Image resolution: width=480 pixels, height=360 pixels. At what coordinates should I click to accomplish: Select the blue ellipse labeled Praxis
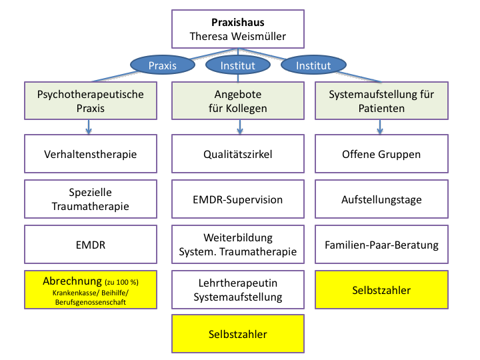point(162,65)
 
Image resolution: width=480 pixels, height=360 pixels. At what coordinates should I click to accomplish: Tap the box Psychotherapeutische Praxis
point(91,101)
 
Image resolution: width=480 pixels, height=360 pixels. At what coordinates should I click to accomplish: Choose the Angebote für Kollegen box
point(238,101)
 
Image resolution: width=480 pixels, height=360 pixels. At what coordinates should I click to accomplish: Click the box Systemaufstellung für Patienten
point(381,101)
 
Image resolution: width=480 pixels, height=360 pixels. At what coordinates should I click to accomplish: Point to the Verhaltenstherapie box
point(91,154)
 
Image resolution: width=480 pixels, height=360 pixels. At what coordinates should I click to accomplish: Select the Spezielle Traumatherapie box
point(91,199)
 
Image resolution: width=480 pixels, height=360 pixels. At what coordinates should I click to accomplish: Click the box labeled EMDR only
point(91,245)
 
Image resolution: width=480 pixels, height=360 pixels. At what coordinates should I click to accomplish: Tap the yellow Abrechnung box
point(91,290)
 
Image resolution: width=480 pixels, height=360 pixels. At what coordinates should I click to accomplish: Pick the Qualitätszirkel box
point(238,154)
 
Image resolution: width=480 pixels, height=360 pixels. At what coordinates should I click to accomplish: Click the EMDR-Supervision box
point(238,199)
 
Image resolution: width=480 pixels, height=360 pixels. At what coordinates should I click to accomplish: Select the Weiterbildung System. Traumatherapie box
point(238,245)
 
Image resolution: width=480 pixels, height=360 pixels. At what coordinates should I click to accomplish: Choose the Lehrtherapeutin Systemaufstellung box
point(238,290)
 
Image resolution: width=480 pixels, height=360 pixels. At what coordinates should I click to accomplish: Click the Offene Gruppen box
point(381,154)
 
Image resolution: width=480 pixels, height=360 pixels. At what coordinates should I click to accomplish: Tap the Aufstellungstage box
point(381,199)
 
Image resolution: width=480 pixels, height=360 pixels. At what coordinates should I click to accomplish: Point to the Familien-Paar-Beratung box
point(381,245)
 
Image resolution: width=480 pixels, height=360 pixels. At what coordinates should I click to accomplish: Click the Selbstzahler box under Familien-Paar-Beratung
point(381,290)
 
